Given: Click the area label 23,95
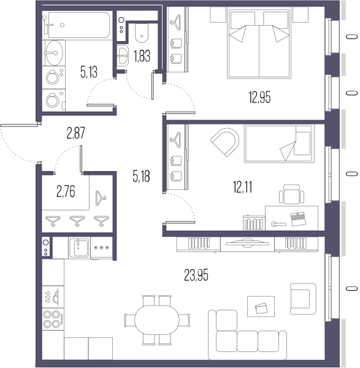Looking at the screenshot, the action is point(196,275).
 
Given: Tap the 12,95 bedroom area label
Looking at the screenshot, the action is point(259,98).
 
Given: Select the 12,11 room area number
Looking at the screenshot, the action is point(243,187).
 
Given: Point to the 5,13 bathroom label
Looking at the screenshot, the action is point(89,72).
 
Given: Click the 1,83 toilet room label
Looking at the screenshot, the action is point(142,56).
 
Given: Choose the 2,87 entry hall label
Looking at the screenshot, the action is point(76,133).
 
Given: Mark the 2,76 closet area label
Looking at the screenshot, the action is point(66,191).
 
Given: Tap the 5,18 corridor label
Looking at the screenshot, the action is point(141,176).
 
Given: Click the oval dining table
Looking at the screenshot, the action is point(157,320).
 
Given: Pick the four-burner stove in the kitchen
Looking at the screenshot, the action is point(53,319).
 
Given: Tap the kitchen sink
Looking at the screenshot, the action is point(79,248).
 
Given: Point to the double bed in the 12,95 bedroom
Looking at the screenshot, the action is point(259,43).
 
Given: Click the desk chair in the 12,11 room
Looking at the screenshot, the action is point(292,194).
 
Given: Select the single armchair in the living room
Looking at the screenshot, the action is point(303,299).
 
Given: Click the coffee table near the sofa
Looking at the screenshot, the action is point(261,306).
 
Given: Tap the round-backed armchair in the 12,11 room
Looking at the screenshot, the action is point(225,142).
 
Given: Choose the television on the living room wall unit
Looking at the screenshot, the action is point(247,243).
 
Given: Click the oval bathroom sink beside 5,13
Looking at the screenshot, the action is point(54,53).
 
